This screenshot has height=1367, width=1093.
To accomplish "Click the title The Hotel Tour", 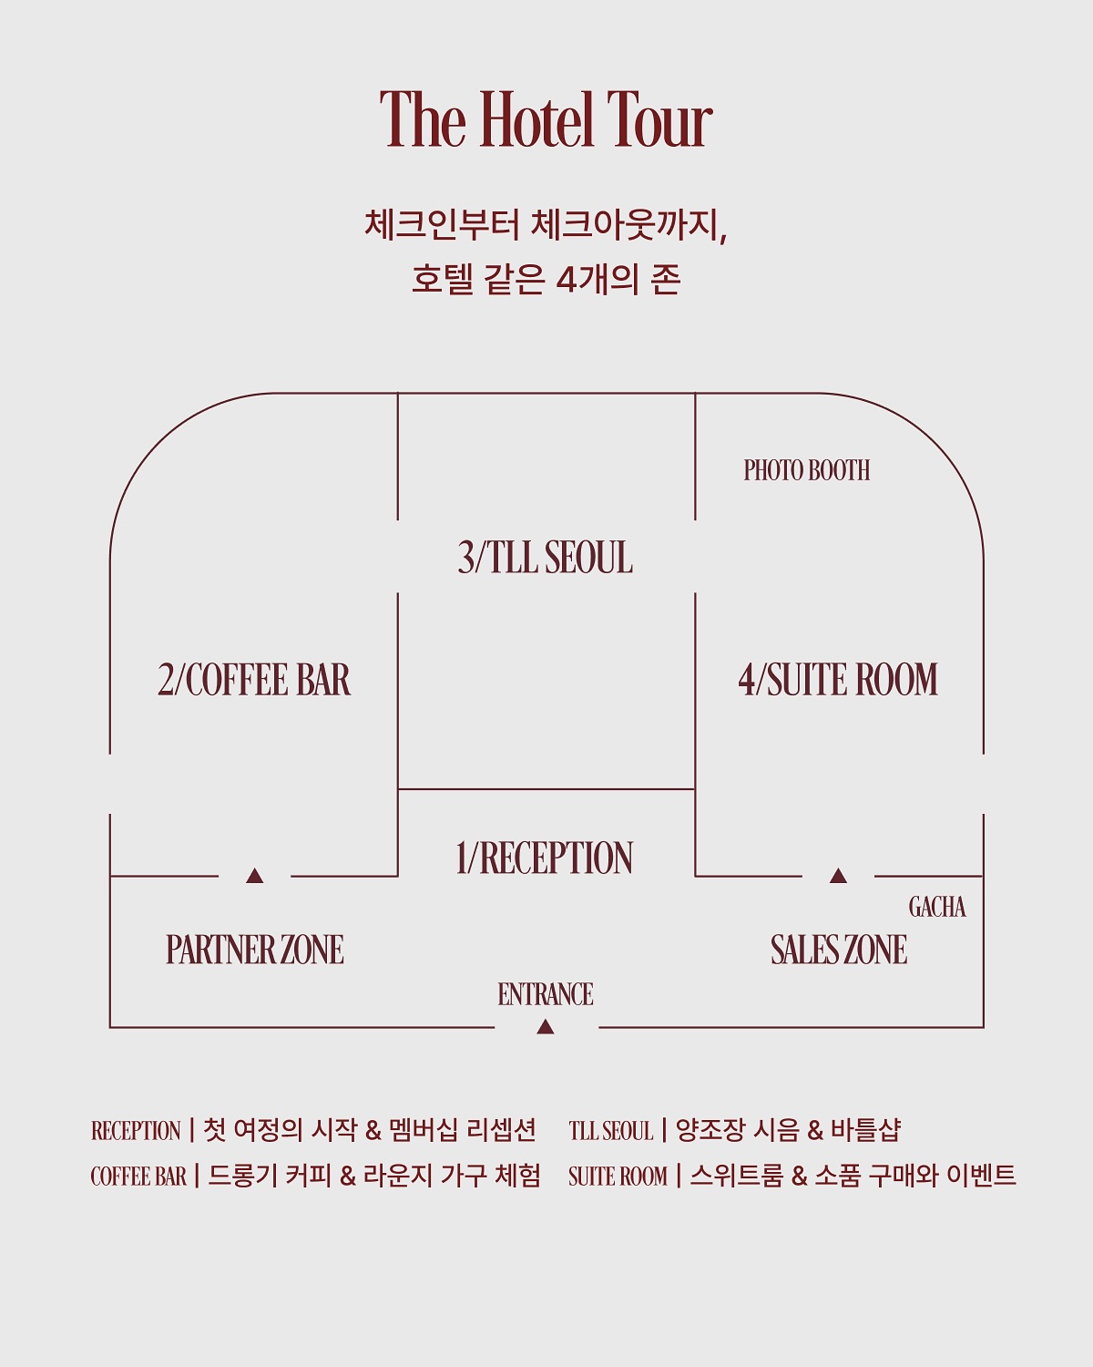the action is click(546, 119).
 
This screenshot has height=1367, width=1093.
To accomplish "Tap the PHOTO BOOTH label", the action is click(807, 470).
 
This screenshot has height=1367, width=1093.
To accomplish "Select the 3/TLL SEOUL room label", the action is click(546, 558).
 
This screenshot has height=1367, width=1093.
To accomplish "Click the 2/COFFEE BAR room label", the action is click(254, 680).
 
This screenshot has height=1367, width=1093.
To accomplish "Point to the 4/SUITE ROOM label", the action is click(838, 680).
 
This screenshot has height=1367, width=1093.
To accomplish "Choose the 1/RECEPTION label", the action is click(545, 858).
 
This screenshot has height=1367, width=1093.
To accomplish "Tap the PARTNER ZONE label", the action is click(255, 950).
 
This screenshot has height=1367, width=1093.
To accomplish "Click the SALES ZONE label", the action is click(839, 950).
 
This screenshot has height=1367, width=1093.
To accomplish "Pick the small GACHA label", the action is click(937, 907).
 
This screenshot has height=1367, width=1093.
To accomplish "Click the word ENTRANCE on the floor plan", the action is click(546, 994).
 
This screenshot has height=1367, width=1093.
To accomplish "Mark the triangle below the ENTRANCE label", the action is click(546, 1027).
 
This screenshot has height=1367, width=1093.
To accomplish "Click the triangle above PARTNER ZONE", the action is click(255, 876).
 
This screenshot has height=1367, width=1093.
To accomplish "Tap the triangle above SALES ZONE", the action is click(838, 876).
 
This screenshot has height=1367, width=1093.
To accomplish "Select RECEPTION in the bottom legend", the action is click(136, 1131).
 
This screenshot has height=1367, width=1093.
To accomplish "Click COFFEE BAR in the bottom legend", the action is click(138, 1177).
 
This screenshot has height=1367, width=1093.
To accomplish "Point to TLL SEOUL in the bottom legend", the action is click(611, 1131).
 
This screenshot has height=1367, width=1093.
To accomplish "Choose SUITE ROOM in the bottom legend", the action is click(618, 1177).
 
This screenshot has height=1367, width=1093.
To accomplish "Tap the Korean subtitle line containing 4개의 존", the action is click(546, 279).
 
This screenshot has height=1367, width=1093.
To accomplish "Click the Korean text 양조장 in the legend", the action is click(706, 1130).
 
